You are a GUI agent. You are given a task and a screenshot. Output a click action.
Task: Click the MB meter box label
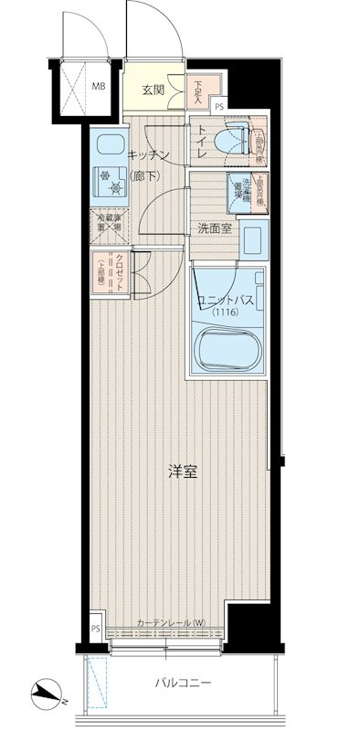[x=96, y=89]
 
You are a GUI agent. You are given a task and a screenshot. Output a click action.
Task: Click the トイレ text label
[x=202, y=142]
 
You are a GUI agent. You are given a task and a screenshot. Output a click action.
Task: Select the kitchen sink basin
[x=111, y=147]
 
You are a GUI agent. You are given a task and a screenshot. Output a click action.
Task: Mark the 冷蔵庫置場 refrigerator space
[x=109, y=225]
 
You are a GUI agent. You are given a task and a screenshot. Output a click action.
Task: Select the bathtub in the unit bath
[x=228, y=347]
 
